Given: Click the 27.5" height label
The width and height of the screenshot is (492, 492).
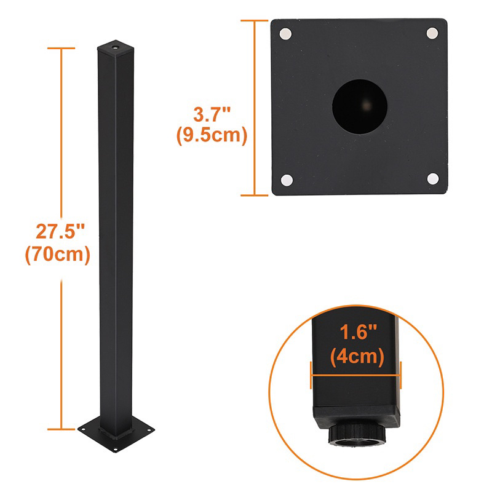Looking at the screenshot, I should [60, 232].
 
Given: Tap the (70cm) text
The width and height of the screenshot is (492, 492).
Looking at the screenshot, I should [58, 254].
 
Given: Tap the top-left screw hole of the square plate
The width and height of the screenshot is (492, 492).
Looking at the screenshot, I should [287, 34].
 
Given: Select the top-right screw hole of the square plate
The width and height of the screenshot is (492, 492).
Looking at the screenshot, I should [432, 33].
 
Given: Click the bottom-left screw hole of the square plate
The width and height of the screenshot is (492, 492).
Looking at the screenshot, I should [287, 180].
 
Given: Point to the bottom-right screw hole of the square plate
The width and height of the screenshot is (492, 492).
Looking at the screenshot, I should [432, 178].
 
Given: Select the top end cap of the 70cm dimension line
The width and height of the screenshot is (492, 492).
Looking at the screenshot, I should [61, 48].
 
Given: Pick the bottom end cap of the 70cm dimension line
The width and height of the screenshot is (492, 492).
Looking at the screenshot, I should [61, 429].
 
